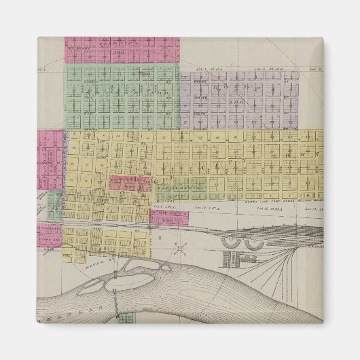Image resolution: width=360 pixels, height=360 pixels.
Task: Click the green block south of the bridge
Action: click(x=124, y=317)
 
